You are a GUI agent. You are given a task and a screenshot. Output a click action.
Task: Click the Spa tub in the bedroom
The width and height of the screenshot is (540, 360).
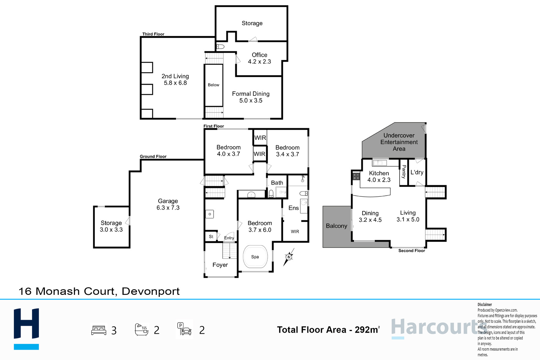[x=255, y=257]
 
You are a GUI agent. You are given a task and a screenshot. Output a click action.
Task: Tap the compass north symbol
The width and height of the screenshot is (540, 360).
[x=289, y=257]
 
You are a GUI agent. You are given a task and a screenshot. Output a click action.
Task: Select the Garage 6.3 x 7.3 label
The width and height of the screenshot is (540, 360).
[x=168, y=204]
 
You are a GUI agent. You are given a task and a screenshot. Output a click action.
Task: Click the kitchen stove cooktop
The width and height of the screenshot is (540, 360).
[x=356, y=176]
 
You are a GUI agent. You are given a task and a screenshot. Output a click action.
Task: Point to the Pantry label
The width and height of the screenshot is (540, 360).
[x=404, y=172]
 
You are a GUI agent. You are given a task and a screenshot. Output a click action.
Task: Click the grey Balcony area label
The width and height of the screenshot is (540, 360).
[x=336, y=226]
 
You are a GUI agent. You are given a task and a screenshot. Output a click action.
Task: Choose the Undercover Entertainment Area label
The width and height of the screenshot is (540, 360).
[x=399, y=142]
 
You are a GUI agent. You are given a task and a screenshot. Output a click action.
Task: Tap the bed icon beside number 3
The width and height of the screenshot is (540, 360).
[x=99, y=330]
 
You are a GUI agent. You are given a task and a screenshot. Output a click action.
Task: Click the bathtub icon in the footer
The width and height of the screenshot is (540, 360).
[x=141, y=330]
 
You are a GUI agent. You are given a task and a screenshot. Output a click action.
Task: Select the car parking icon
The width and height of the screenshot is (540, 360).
[x=184, y=329]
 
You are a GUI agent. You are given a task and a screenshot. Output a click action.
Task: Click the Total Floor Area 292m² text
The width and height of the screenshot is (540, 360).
[x=328, y=330]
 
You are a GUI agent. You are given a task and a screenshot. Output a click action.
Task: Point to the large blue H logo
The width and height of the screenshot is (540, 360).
[x=26, y=329]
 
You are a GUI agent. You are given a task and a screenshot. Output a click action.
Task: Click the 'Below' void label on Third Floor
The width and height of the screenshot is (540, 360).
[x=214, y=85]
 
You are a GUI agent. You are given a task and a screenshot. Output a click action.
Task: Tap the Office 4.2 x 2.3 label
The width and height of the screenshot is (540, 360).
[x=260, y=58]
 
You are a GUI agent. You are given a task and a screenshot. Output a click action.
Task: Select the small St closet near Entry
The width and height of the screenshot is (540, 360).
[x=211, y=237]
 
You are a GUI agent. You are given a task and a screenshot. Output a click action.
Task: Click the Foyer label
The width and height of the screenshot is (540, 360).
[x=220, y=265]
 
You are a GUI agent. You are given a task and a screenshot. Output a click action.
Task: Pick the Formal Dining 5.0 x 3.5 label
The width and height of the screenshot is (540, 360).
[x=251, y=97]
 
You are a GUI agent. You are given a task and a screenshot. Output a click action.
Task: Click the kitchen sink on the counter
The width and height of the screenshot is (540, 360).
[x=380, y=163]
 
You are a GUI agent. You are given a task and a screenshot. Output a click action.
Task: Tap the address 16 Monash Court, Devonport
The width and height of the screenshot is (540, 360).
[x=99, y=291]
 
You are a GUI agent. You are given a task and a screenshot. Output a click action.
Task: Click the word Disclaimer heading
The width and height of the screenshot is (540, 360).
[x=485, y=305]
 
